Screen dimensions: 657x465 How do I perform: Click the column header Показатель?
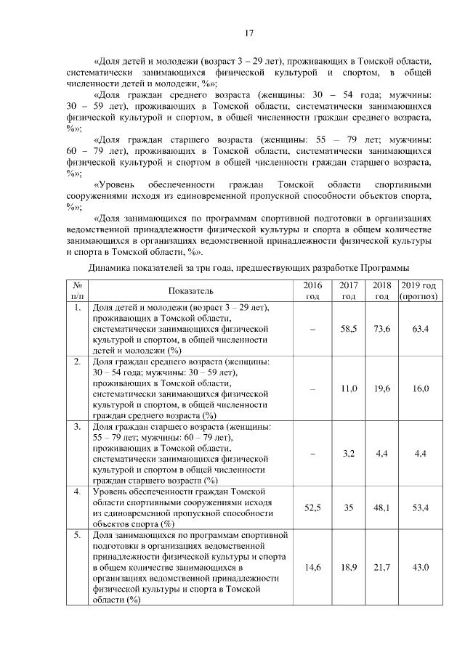pos(190,291)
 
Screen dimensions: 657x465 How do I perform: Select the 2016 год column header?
pos(312,291)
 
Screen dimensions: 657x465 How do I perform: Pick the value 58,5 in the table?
pos(349,329)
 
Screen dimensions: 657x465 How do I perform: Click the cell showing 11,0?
pos(349,388)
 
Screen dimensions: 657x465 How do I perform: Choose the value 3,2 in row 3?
pos(349,454)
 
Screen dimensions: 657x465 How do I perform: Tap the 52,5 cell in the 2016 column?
pos(312,508)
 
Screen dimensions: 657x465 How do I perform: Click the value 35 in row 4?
pos(349,508)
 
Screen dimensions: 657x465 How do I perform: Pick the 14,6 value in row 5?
pos(312,567)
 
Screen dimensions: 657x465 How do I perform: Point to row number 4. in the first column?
pos(76,492)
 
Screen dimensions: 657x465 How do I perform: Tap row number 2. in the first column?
pos(76,361)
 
